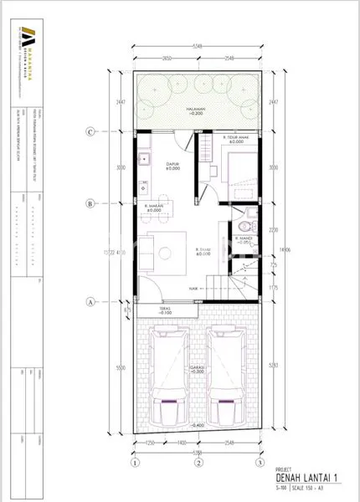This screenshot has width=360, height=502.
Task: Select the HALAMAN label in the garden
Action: click(196, 110)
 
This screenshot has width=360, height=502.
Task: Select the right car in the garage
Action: click(226, 378)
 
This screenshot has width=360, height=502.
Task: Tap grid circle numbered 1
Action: click(133, 462)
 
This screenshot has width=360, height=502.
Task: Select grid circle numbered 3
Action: click(260, 462)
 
